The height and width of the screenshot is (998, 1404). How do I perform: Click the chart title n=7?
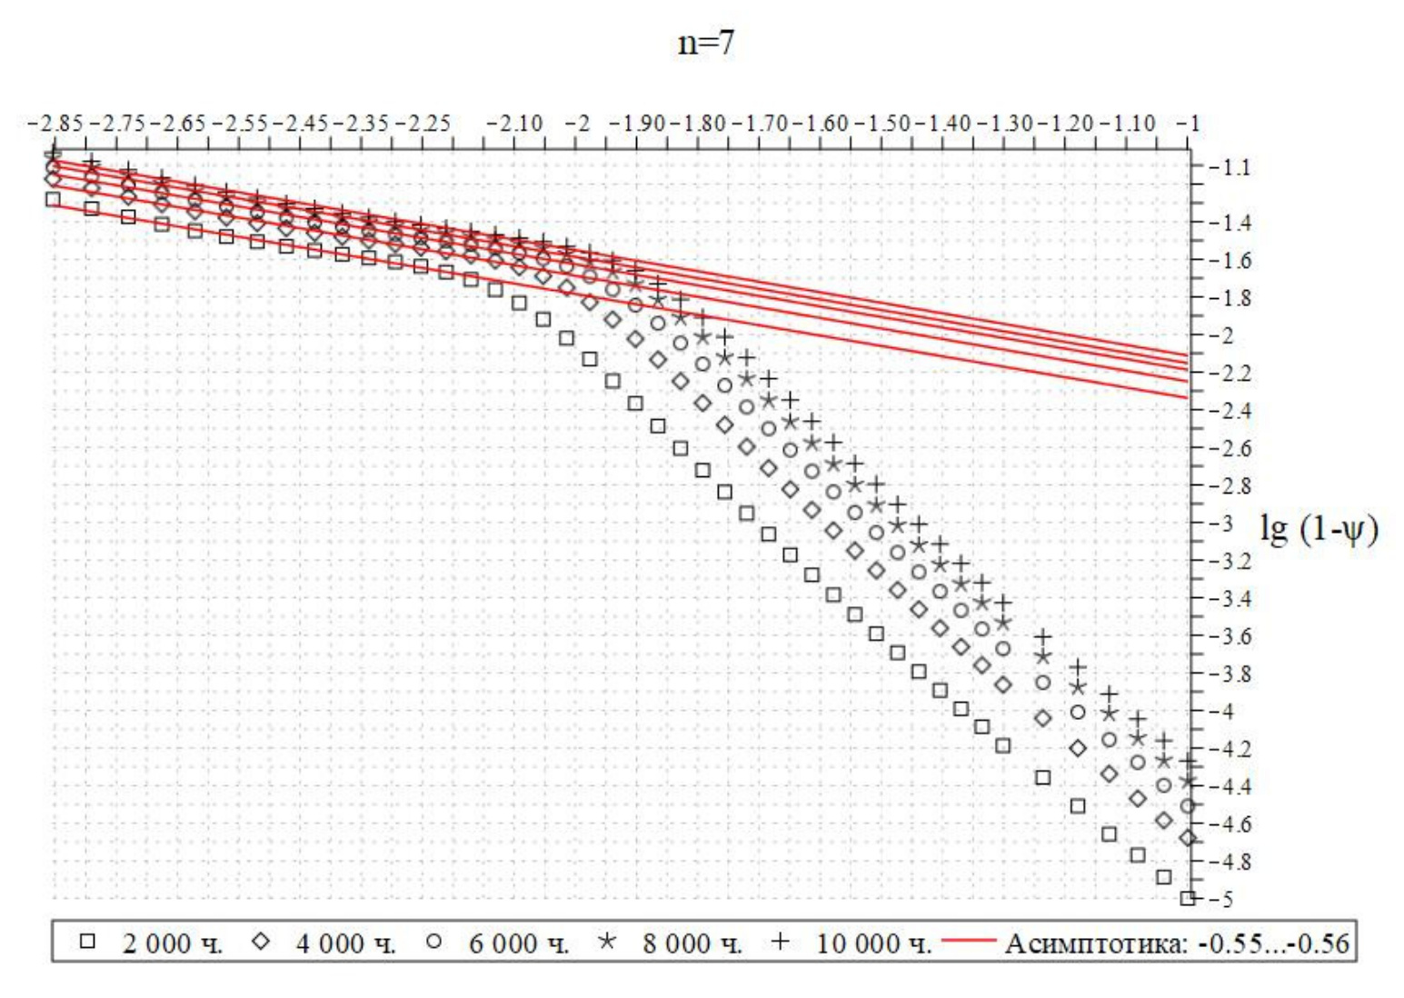(x=705, y=43)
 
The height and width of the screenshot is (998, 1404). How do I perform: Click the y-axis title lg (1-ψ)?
(x=1319, y=528)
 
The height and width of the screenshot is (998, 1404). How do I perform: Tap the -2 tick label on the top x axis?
(x=579, y=124)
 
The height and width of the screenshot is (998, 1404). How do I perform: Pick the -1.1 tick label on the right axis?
(x=1230, y=168)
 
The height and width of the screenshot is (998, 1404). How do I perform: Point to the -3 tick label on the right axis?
(x=1223, y=524)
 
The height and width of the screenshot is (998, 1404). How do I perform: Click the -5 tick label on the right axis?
(x=1223, y=900)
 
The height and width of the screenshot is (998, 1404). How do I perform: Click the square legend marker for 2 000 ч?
(x=87, y=942)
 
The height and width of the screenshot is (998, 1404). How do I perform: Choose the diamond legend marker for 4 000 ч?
(x=261, y=942)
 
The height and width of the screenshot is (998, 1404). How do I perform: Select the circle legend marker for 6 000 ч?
(x=434, y=942)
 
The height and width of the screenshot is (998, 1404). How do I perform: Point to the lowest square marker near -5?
(x=1187, y=899)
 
